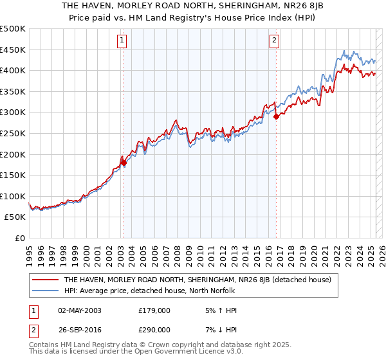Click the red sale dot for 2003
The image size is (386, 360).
(x=124, y=163)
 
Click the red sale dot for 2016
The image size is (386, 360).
(x=276, y=116)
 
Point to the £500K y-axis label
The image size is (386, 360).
(x=13, y=29)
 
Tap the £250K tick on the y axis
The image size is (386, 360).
(x=13, y=133)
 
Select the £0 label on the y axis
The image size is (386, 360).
(x=20, y=238)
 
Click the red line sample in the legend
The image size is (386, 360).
(x=46, y=280)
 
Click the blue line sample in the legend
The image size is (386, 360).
(x=46, y=291)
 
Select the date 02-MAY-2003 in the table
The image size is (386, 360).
(x=79, y=310)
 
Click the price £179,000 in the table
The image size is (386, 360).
(x=154, y=310)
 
